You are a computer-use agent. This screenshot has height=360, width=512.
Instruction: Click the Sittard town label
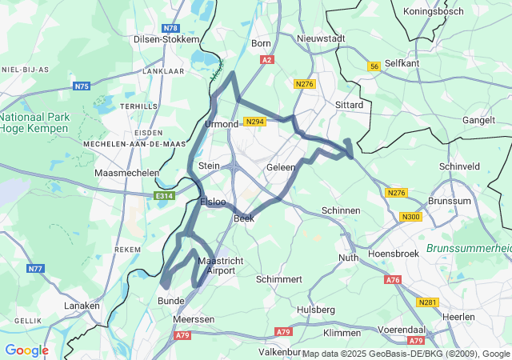(349, 105)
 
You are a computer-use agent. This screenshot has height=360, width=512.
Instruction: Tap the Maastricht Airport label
(215, 266)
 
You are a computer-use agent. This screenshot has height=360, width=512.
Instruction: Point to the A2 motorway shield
(267, 59)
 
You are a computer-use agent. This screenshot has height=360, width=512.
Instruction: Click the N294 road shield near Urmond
(254, 122)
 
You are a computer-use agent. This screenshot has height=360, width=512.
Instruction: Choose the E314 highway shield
(164, 194)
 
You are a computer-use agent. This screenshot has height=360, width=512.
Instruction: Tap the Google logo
(26, 350)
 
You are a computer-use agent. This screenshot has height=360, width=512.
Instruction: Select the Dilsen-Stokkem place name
(166, 38)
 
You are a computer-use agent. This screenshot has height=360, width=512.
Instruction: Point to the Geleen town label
(281, 167)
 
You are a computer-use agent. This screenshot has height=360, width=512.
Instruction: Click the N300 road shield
(411, 217)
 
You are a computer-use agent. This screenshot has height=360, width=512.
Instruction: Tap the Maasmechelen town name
(126, 173)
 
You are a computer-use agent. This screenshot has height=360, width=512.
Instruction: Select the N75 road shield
(82, 86)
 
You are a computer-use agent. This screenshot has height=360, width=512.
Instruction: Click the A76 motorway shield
(392, 279)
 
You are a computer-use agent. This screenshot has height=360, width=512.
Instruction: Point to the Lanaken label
(83, 306)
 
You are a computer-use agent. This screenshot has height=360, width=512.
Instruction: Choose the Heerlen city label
(481, 318)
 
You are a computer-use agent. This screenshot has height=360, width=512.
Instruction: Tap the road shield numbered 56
(374, 67)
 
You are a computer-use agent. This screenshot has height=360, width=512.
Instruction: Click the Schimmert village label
(279, 279)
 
